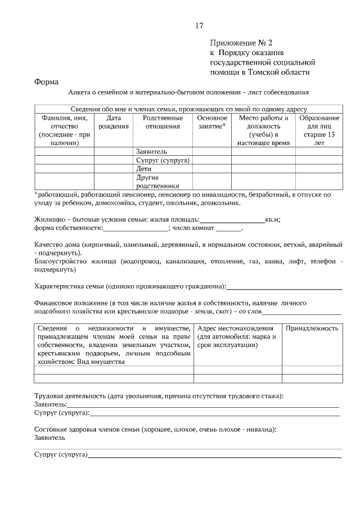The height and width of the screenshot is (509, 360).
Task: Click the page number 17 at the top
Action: click(199, 26)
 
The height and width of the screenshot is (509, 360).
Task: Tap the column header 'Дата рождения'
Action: click(114, 122)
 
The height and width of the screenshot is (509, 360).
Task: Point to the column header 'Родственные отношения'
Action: click(163, 122)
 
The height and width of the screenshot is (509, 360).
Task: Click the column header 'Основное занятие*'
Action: click(212, 122)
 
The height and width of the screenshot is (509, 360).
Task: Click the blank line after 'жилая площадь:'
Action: click(232, 219)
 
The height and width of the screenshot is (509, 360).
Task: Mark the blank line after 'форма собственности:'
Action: click(135, 228)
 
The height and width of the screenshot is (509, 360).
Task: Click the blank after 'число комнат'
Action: click(228, 228)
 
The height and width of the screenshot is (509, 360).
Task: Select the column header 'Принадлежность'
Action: click(312, 328)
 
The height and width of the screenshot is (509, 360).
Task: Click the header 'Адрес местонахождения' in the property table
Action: click(236, 328)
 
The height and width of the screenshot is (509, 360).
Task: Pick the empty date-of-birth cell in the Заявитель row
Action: click(114, 151)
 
